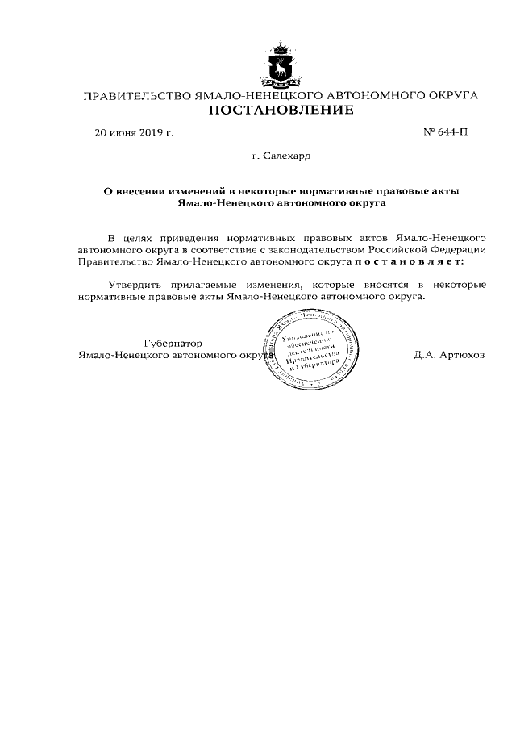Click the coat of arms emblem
point(281,64)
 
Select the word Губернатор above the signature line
point(173,343)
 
